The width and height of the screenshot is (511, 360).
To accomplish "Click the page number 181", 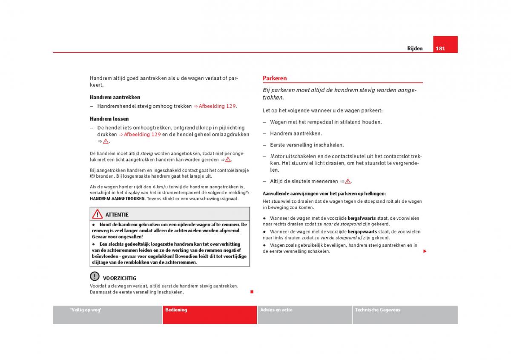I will pyautogui.click(x=440, y=49).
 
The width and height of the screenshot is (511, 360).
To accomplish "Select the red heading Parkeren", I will pyautogui.click(x=275, y=78).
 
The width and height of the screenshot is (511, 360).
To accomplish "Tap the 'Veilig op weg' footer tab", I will pyautogui.click(x=86, y=310).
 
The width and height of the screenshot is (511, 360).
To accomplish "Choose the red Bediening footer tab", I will pyautogui.click(x=176, y=310).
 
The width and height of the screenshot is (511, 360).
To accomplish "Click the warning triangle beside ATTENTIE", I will pyautogui.click(x=98, y=214).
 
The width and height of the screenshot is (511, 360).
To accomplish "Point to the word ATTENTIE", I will pyautogui.click(x=117, y=215).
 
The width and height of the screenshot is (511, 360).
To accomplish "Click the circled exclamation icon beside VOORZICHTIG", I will pyautogui.click(x=95, y=276).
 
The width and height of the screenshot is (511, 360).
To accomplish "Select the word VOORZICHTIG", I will pyautogui.click(x=120, y=278).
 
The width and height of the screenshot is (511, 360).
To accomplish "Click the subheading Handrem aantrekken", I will pyautogui.click(x=115, y=97).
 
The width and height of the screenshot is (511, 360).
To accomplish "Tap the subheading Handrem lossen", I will pyautogui.click(x=109, y=119).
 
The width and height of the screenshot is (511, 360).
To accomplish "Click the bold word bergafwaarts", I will pyautogui.click(x=362, y=218).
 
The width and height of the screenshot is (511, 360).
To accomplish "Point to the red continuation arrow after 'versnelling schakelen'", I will pyautogui.click(x=425, y=251).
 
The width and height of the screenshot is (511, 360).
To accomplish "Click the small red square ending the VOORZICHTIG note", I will pyautogui.click(x=252, y=291).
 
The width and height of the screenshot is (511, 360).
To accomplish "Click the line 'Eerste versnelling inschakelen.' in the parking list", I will pyautogui.click(x=307, y=145).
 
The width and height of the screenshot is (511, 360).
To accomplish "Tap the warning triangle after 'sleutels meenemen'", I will pyautogui.click(x=348, y=181).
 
